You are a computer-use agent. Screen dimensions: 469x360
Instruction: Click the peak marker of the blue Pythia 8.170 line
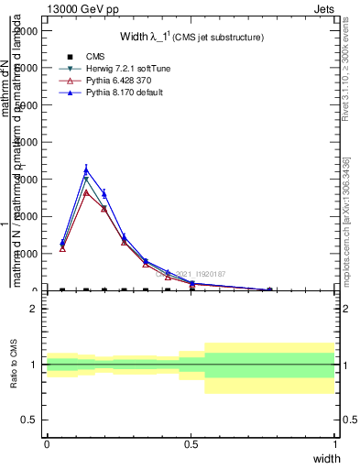coord(86,169)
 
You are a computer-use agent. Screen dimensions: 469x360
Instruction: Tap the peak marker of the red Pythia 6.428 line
coord(86,192)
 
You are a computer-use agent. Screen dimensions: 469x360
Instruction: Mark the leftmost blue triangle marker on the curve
coord(62,243)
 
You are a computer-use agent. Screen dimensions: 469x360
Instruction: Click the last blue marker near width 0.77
coord(269,289)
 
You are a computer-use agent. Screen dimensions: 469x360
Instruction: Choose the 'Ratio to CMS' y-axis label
coord(14,364)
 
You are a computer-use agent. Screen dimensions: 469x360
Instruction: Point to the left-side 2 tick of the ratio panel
coord(34,309)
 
